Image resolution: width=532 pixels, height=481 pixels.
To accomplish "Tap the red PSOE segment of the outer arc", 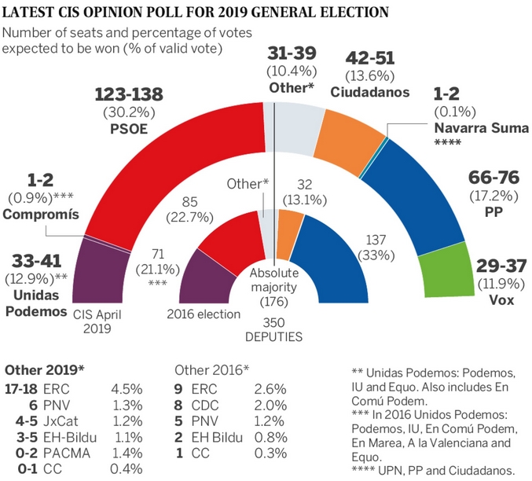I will click(181, 173).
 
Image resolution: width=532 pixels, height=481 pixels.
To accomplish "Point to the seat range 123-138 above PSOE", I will click(129, 95).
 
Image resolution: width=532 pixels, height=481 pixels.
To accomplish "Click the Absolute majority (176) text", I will click(273, 281).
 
